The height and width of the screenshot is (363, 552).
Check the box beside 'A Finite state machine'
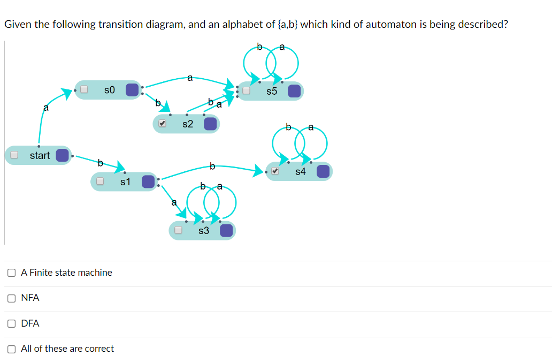tap(11, 273)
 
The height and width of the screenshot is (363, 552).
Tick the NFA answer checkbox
tap(11, 298)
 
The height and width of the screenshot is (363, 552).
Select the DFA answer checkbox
tap(11, 323)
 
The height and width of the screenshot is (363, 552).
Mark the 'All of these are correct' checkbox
tap(11, 349)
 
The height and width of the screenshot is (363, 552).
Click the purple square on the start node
tap(63, 155)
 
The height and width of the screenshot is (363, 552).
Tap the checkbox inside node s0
tap(84, 89)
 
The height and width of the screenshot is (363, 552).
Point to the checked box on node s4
tap(275, 171)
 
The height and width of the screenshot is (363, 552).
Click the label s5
tap(272, 91)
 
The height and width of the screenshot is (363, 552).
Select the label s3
tap(204, 231)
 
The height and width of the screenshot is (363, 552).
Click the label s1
tap(125, 182)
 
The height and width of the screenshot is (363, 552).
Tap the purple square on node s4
tap(323, 171)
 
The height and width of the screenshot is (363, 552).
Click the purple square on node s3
tap(226, 231)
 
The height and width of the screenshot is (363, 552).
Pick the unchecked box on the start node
tap(15, 155)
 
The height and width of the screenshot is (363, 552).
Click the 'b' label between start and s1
tap(100, 162)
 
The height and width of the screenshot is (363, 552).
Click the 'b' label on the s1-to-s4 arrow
tap(212, 166)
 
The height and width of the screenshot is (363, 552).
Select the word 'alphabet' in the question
tap(239, 24)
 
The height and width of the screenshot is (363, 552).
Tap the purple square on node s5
tap(294, 91)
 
